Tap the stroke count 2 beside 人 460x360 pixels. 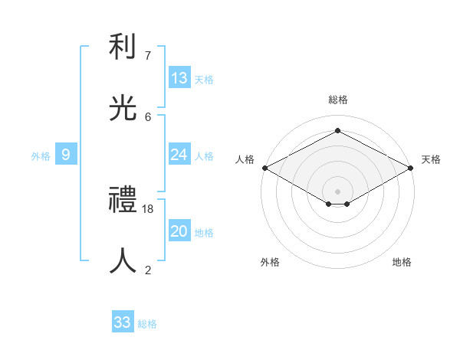(x=148, y=270)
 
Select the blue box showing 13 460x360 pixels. (x=179, y=78)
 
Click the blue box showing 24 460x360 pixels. (x=179, y=155)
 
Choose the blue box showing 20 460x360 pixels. (x=179, y=231)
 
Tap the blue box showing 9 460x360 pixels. (x=66, y=155)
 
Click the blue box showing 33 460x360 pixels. (x=123, y=322)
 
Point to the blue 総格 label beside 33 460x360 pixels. (x=147, y=324)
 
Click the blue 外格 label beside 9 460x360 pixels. (x=41, y=156)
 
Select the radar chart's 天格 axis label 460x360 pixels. (x=431, y=159)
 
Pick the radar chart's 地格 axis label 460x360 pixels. (x=402, y=262)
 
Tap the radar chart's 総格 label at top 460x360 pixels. (x=338, y=100)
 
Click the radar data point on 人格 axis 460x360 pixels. (x=264, y=168)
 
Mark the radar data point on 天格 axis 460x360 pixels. (x=412, y=168)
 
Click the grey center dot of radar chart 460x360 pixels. (x=338, y=191)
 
